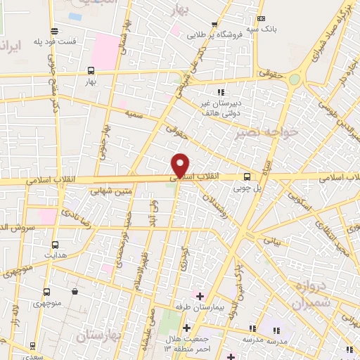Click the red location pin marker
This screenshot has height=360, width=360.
pos(181,165)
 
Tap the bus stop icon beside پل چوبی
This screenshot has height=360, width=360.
pos(246,177)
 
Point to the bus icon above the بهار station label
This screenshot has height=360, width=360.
pos(90,70)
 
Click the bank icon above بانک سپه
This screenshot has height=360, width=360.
pos(262,18)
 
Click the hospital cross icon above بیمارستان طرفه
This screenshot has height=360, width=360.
pos(200,295)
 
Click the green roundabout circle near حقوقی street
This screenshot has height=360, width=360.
pos(295,79)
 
